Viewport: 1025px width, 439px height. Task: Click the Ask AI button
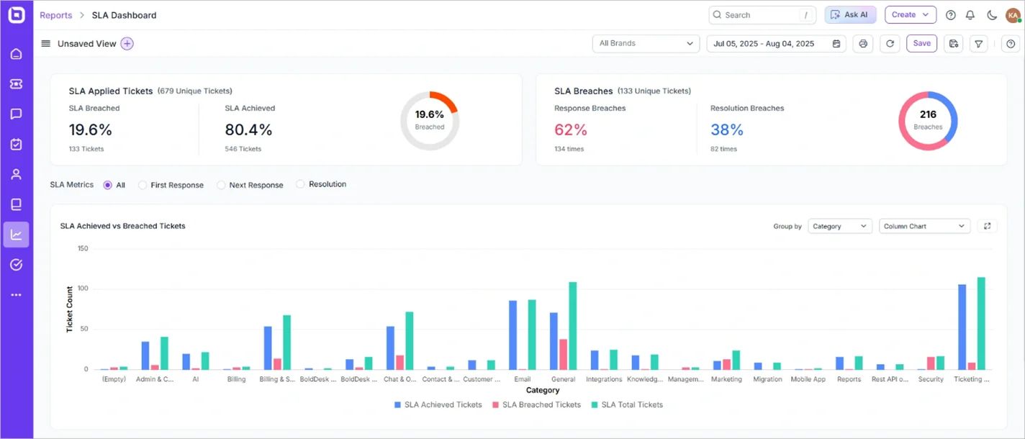tap(850, 15)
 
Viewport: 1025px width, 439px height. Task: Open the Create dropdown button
tap(910, 15)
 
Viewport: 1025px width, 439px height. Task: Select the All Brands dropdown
tap(645, 44)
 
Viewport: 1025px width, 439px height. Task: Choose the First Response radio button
tap(143, 185)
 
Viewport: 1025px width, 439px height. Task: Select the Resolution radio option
tap(301, 185)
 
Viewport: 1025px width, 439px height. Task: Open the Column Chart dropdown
tap(924, 226)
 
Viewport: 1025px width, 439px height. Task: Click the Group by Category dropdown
tap(839, 226)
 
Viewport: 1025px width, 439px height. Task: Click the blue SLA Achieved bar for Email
tap(513, 335)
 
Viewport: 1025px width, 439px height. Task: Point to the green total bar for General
tap(573, 326)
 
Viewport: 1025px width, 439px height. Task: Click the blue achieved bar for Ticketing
tap(962, 327)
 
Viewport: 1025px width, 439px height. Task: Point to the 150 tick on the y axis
tap(83, 249)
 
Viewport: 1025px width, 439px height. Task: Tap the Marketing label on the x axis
tap(726, 379)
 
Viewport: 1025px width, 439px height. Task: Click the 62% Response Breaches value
tap(571, 130)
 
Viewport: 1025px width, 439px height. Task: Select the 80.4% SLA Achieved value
tap(248, 130)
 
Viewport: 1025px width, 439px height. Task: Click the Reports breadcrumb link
tap(55, 15)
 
